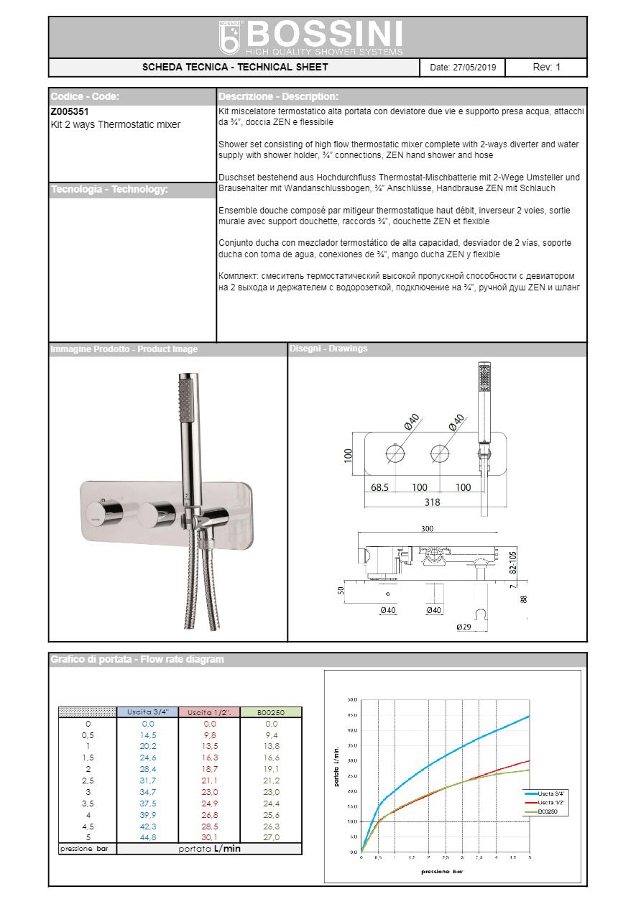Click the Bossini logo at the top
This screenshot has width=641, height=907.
[x=310, y=37]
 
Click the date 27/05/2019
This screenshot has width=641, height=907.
[x=462, y=68]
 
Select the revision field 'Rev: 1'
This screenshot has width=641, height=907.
[x=546, y=68]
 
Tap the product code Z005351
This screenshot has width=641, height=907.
[x=70, y=112]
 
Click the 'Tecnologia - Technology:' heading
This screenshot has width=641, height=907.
[x=109, y=190]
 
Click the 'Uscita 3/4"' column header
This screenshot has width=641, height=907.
[x=147, y=712]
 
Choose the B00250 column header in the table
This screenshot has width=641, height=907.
[x=271, y=712]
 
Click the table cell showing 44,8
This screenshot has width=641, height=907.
[x=148, y=838]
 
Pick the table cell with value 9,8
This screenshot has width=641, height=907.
[x=209, y=735]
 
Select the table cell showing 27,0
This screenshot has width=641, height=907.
[x=271, y=838]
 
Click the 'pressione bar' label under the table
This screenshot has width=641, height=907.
[x=87, y=850]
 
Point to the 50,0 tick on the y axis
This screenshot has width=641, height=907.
[x=352, y=699]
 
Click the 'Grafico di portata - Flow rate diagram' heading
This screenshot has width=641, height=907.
[x=137, y=659]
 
